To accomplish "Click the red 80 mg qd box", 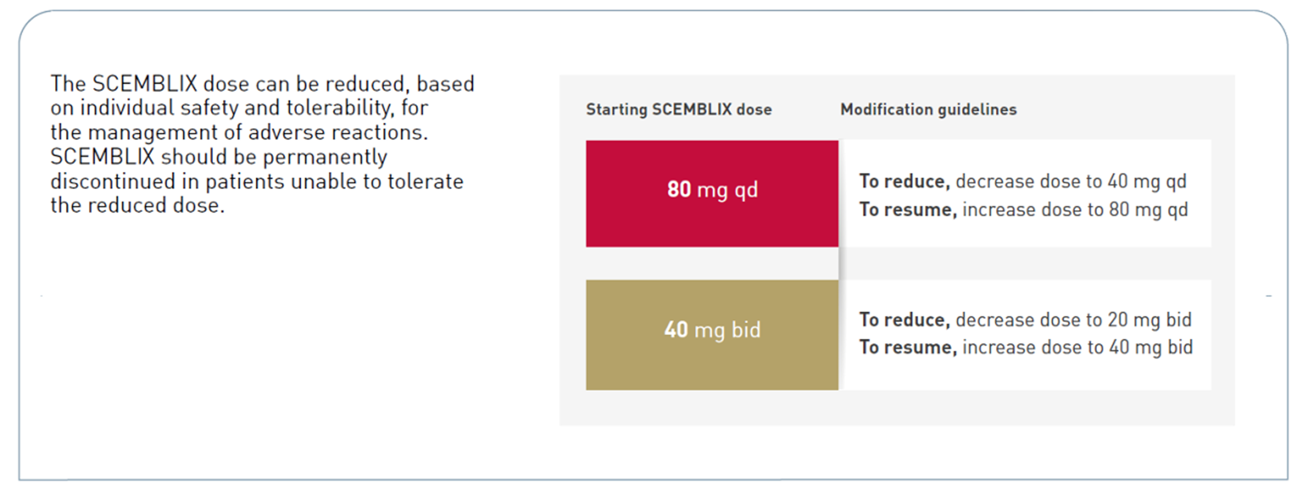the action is coord(712,194).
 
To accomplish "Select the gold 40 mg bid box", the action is coord(712,335).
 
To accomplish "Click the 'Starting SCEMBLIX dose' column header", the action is coord(679,110).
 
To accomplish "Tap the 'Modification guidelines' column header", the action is coord(928,110).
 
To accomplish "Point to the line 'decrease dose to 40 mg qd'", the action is coord(1071,182).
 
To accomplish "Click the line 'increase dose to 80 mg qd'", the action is coord(1075,210).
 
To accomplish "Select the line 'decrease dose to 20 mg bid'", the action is coord(1074,320).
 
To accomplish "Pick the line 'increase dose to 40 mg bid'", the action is coord(1077,347).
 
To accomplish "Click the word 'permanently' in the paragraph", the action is coord(325,158).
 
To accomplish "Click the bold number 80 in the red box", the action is coord(679,189).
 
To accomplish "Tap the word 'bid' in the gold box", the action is coord(746,329).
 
